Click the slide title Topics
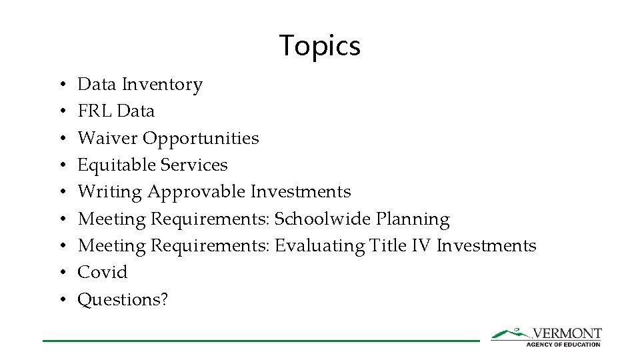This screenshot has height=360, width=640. point(320,45)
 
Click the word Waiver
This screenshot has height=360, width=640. point(107,138)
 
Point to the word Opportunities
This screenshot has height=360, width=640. point(201,139)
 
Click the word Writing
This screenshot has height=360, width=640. point(109,192)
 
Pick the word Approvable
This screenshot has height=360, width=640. point(197,192)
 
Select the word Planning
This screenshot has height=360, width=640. point(413,219)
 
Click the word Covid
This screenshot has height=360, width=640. point(103,273)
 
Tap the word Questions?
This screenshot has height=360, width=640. point(123,300)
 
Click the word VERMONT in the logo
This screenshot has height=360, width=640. point(567,333)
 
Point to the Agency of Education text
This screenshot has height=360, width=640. point(563,344)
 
